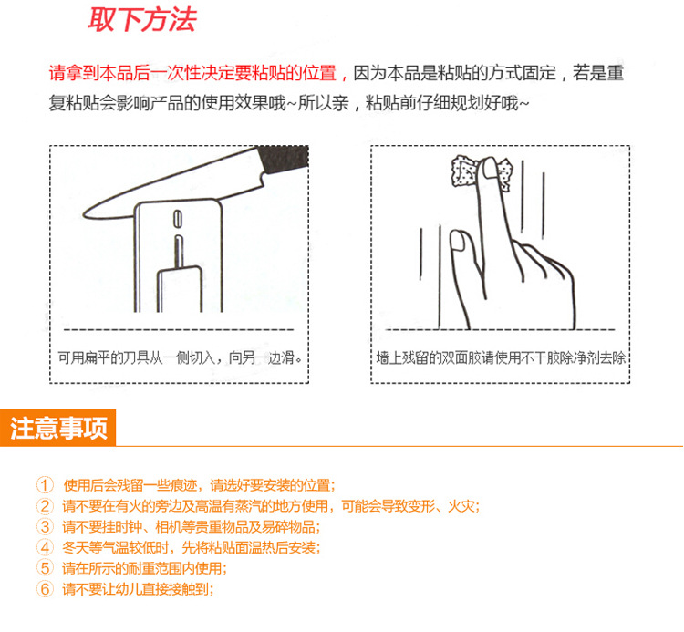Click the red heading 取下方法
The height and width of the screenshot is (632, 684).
[141, 20]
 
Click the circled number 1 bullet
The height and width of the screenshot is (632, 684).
[45, 485]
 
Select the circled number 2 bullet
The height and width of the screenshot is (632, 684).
[45, 506]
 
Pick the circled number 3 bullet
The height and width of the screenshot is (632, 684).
[45, 527]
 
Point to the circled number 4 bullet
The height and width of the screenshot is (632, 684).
[45, 548]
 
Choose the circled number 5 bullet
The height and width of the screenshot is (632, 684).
[45, 568]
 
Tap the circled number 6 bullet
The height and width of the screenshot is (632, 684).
[45, 589]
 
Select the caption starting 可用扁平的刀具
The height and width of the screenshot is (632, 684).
[179, 358]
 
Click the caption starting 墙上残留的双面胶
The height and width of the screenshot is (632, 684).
[501, 358]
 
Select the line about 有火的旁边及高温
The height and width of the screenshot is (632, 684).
[270, 506]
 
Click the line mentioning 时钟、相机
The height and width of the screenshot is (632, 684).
[192, 527]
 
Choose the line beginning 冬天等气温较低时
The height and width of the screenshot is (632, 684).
[191, 548]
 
